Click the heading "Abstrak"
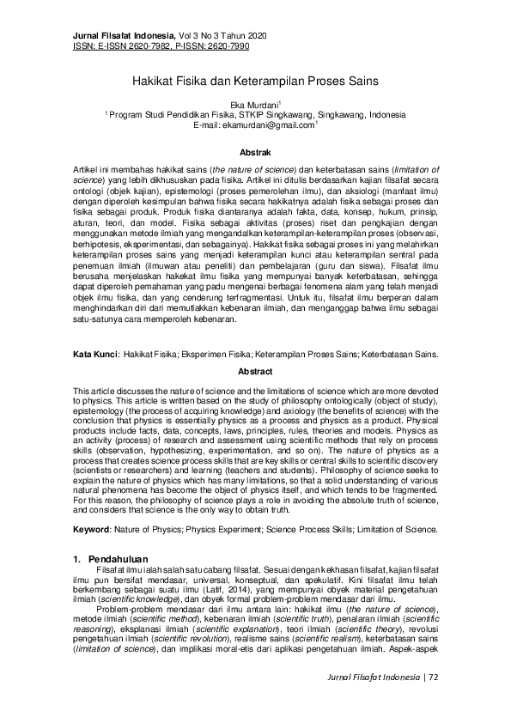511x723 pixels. click(255, 151)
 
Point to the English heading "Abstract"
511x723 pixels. click(255, 372)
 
